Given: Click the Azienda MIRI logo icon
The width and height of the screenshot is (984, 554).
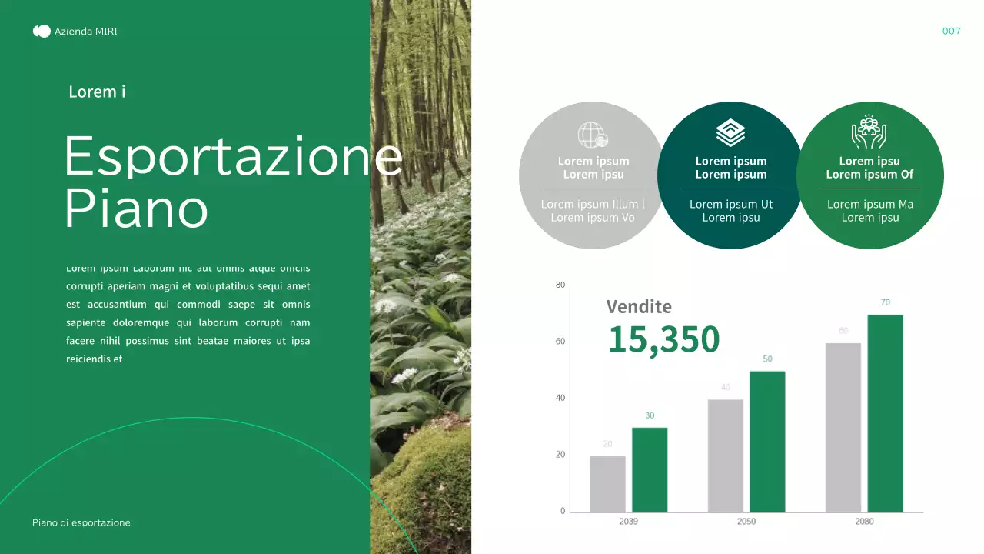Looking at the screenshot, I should [42, 32].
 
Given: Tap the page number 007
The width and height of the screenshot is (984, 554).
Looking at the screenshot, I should [951, 32].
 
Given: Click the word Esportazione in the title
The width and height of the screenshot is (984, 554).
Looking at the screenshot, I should [233, 156].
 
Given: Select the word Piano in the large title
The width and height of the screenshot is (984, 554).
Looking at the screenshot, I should [136, 208].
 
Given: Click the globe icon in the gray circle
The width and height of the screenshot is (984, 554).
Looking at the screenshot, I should [593, 135].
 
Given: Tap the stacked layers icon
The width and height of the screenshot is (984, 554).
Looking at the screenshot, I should [730, 132].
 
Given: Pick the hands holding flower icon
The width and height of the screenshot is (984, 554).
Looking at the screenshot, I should [869, 132].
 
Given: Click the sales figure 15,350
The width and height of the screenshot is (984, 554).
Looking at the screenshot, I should [663, 339].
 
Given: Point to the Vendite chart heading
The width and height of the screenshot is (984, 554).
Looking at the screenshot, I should [639, 306].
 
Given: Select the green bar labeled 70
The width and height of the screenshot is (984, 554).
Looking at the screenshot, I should [885, 413].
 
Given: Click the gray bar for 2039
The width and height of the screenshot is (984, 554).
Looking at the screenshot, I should [607, 484].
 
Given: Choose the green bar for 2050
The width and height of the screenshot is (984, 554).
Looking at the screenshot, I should [767, 442].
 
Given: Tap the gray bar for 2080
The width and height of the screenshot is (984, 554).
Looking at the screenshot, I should [843, 428].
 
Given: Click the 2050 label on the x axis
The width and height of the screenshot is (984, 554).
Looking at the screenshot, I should [746, 522].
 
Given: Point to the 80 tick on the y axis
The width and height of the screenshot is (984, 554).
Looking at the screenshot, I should [560, 285].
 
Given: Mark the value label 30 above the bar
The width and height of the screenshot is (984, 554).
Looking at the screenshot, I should [650, 415].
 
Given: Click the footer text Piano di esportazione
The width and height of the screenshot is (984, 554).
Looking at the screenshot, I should [81, 523].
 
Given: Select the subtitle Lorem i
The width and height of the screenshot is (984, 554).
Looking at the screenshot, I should [97, 92].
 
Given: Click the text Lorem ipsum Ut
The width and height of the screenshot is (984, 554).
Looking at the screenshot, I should [731, 204].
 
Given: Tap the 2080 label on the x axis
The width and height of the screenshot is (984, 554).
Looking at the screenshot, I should [864, 522].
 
